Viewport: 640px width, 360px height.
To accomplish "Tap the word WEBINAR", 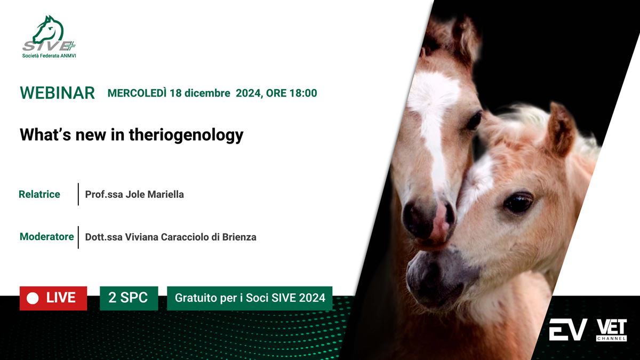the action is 58,93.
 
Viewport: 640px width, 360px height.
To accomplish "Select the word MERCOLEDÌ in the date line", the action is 137,93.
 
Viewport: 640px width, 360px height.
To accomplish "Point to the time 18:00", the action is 303,93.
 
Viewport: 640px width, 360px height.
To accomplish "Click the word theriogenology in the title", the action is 186,135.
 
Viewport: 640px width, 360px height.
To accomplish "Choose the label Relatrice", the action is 39,194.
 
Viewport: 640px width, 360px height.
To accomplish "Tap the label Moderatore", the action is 46,237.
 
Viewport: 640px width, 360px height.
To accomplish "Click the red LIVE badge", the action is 53,298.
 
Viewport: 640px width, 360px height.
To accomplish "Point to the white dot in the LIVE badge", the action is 33,298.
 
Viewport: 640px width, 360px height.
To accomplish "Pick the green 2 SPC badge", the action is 129,298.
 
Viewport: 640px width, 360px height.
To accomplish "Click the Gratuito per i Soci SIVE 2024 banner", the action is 250,298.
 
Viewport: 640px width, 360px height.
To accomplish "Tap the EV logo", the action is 568,330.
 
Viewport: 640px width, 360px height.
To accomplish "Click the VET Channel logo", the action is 611,330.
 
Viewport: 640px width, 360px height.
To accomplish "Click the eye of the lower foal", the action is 518,203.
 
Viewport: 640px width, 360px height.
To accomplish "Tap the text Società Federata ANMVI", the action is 49,55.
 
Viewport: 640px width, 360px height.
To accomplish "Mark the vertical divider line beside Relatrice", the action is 78,194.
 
